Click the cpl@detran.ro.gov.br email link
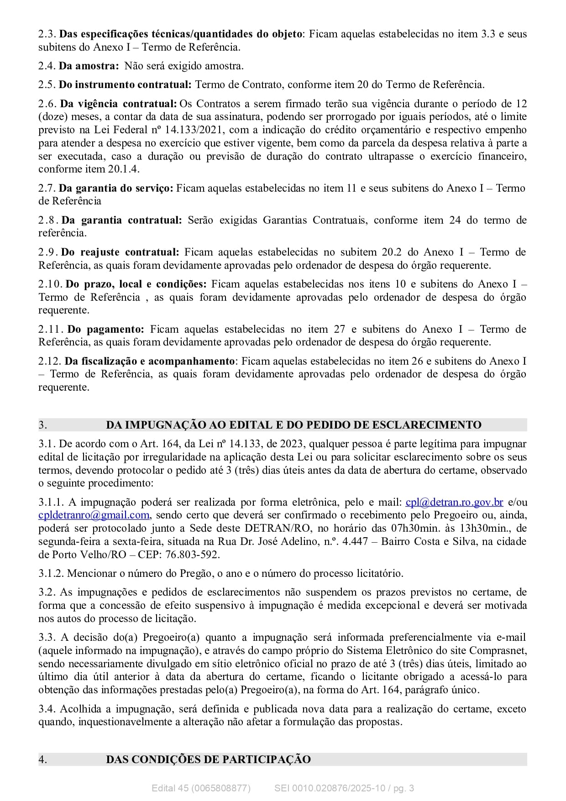454,503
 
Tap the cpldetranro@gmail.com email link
94,515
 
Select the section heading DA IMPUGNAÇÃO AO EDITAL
293,425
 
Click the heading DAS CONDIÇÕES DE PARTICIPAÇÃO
208,759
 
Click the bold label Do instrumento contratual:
125,85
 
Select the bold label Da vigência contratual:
118,104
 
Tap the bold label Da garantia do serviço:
116,188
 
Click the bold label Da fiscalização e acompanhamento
149,361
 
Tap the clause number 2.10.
50,284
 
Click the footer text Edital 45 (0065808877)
201,788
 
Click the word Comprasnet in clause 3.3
498,651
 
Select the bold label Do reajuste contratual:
120,252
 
